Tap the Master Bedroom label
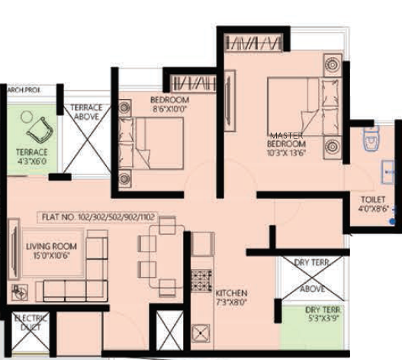coord(287,139)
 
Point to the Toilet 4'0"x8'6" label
coord(374,204)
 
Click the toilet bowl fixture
coord(371,140)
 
